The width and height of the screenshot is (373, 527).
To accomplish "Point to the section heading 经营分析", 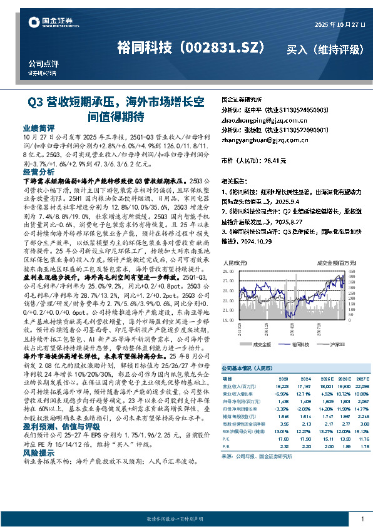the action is pyautogui.click(x=38, y=171).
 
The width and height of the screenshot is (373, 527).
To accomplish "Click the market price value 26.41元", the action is pyautogui.click(x=275, y=161).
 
